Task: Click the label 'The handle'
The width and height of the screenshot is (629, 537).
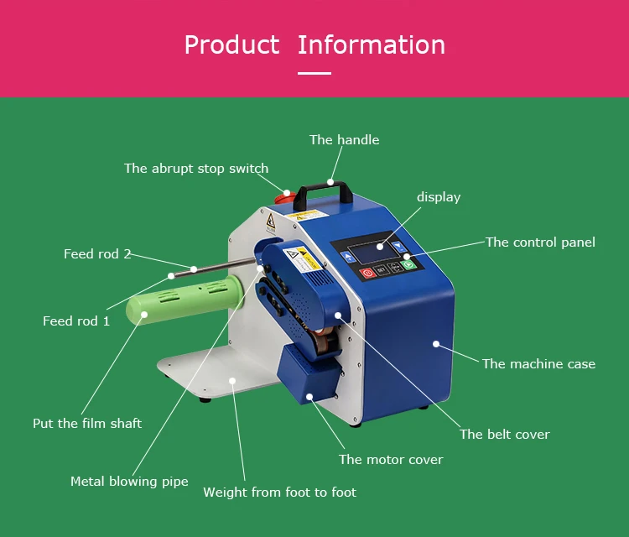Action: coord(344,140)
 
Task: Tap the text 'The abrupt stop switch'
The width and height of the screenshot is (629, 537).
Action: coord(196,169)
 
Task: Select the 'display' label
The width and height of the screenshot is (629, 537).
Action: coord(439,197)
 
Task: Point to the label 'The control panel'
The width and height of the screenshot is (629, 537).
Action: coord(540,242)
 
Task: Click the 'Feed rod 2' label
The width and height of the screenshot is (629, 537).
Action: coord(97,254)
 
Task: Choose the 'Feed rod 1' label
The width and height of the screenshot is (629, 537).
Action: coord(76,321)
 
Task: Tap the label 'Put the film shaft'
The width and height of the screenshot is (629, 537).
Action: coord(87,424)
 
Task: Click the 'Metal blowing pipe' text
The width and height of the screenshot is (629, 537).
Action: coord(129,482)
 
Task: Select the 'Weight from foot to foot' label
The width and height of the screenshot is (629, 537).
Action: coord(279,493)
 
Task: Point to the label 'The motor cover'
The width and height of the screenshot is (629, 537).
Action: coord(391,460)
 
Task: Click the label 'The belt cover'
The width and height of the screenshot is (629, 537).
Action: coord(504,435)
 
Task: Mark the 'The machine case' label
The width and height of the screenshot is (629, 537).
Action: coord(538,364)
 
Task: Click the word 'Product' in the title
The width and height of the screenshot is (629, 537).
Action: coord(231,44)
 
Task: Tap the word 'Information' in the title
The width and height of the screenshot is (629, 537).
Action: coord(371,44)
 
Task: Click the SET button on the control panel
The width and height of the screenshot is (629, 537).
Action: coord(381,269)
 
